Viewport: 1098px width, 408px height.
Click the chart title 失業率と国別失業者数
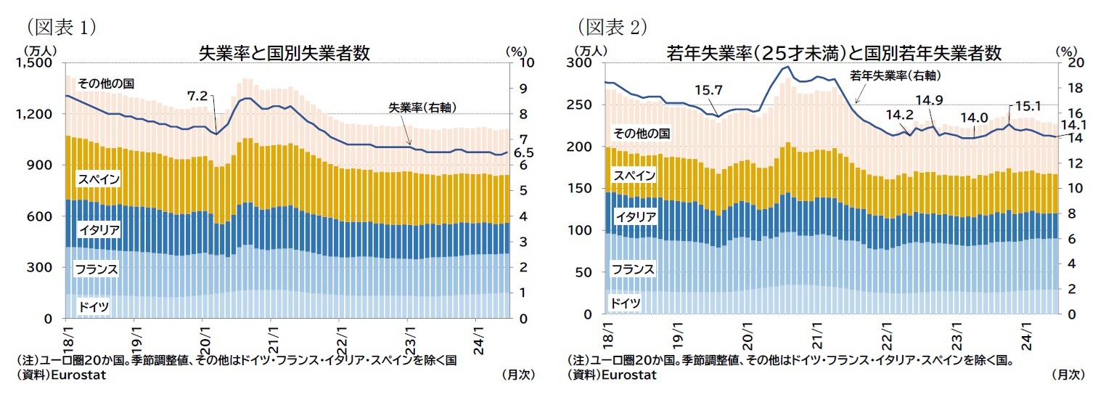[x=284, y=53]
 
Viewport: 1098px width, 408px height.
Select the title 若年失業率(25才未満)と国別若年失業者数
[x=834, y=53]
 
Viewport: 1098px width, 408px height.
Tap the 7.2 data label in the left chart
[x=197, y=96]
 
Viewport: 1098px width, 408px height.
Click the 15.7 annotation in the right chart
[x=708, y=90]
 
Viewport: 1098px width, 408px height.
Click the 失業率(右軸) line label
[x=422, y=107]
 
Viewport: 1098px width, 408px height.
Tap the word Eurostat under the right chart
[x=628, y=375]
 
